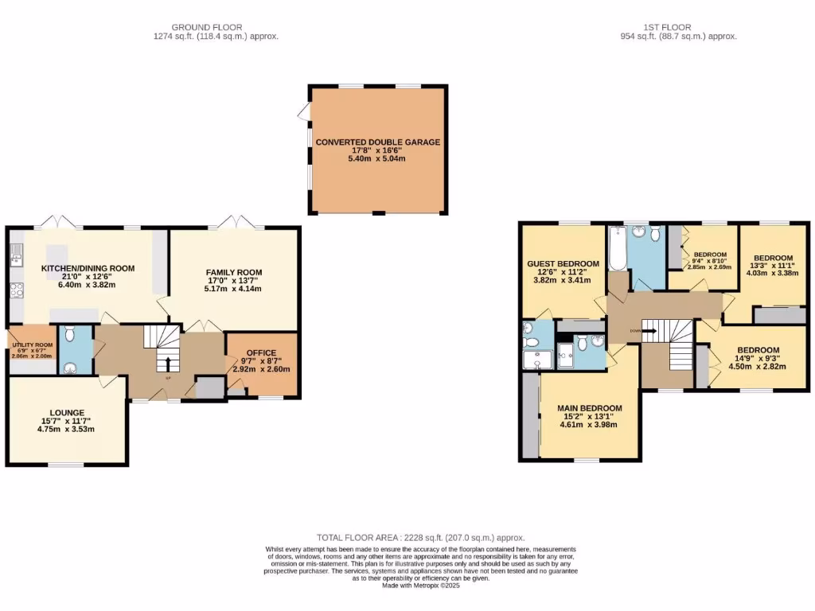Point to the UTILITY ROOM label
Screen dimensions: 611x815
[32, 345]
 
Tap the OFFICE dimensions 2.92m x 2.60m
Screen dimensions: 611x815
[261, 369]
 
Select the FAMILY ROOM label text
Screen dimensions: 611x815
[234, 272]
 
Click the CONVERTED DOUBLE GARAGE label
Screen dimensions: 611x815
[377, 142]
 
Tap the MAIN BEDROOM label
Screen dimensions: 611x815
[589, 408]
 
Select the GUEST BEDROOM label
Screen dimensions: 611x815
[563, 264]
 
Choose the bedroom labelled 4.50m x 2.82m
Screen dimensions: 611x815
[758, 367]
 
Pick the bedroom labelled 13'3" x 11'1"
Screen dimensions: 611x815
[773, 265]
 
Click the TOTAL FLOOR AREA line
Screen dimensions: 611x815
[420, 538]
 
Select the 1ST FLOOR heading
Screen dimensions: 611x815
[678, 27]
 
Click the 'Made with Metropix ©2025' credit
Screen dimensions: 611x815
[421, 585]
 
